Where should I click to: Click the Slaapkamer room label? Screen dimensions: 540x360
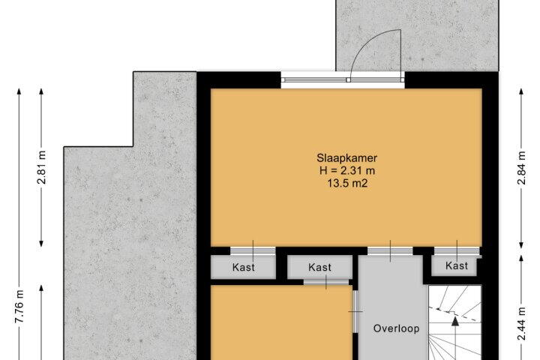tap(346, 158)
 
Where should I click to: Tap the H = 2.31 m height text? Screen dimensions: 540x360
tap(347, 170)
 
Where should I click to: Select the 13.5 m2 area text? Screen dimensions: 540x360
tap(347, 183)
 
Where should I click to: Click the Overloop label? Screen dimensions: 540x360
tap(397, 328)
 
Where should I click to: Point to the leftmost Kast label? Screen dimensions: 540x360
tap(244, 267)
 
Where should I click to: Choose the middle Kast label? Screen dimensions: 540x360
tap(320, 267)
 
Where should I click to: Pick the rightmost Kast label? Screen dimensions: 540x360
tap(457, 265)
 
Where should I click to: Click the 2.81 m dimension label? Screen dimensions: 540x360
tap(42, 167)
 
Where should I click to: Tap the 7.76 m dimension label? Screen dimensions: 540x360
tap(19, 307)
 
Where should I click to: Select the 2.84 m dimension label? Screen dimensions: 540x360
tap(522, 168)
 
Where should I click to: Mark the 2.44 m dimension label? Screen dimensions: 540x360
tap(522, 323)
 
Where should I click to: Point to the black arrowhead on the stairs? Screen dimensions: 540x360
tap(455, 322)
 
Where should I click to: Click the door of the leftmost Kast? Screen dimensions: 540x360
tap(253, 250)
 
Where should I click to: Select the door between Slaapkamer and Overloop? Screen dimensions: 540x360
tap(390, 250)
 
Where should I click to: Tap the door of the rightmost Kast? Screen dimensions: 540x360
tap(457, 250)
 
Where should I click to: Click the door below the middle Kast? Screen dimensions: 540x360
tap(325, 283)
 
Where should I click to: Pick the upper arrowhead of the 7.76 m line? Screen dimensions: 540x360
tap(19, 91)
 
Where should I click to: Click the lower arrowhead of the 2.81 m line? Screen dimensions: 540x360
tap(41, 244)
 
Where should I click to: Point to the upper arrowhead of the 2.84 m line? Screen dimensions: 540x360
tap(521, 91)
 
